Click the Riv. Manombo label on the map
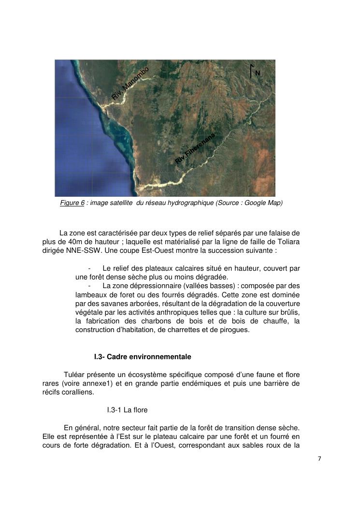coord(130,84)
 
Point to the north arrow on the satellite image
coord(251,71)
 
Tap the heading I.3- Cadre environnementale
coord(143,357)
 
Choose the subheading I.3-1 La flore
coord(127,410)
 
